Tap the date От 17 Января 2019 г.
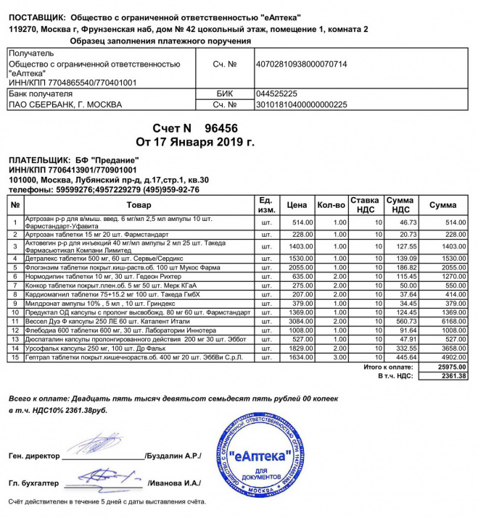(196, 141)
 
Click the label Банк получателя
(41, 94)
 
